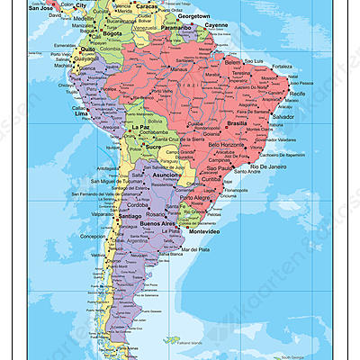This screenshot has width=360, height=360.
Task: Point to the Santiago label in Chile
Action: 131,216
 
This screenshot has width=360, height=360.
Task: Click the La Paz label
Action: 139,128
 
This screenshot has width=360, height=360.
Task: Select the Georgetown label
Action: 193,16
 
